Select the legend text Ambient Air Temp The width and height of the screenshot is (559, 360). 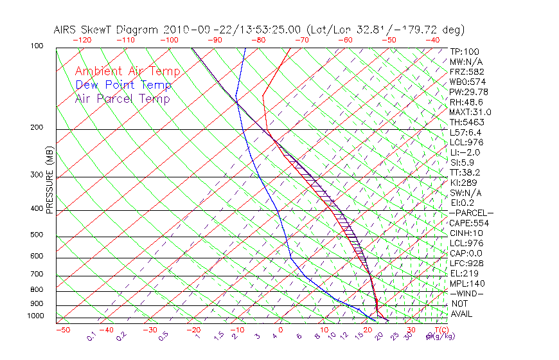pos(127,71)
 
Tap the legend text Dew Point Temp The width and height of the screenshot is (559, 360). pos(123,85)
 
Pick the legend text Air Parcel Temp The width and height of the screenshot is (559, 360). pos(123,99)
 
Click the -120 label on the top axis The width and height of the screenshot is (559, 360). pos(82,40)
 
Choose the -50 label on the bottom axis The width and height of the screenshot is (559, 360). pos(62,330)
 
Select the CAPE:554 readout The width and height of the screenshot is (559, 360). pos(466,223)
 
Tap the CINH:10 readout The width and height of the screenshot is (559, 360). pos(465,233)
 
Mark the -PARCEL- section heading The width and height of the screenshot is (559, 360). pos(471,213)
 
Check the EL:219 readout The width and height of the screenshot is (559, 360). pos(462,273)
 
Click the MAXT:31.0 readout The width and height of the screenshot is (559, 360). pos(468,112)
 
